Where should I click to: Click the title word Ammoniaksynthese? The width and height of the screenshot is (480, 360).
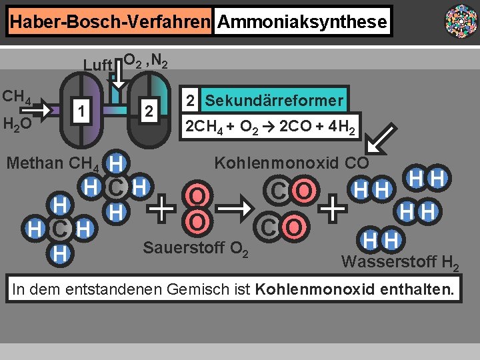(302, 22)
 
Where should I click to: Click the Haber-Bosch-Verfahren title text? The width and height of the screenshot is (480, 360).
(109, 22)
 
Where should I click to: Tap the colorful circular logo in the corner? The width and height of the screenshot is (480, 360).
(461, 21)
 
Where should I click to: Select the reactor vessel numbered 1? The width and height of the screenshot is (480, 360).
(81, 110)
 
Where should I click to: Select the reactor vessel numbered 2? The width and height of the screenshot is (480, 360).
(150, 110)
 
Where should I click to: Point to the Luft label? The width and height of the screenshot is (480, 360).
(97, 65)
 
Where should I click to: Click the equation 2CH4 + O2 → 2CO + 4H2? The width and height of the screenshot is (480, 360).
(270, 126)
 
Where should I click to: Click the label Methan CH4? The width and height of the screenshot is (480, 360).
(53, 163)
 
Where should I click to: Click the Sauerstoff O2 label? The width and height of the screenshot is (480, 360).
(196, 249)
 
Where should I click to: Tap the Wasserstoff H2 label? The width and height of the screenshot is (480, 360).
(399, 262)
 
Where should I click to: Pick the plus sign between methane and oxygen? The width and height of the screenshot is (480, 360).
(163, 209)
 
